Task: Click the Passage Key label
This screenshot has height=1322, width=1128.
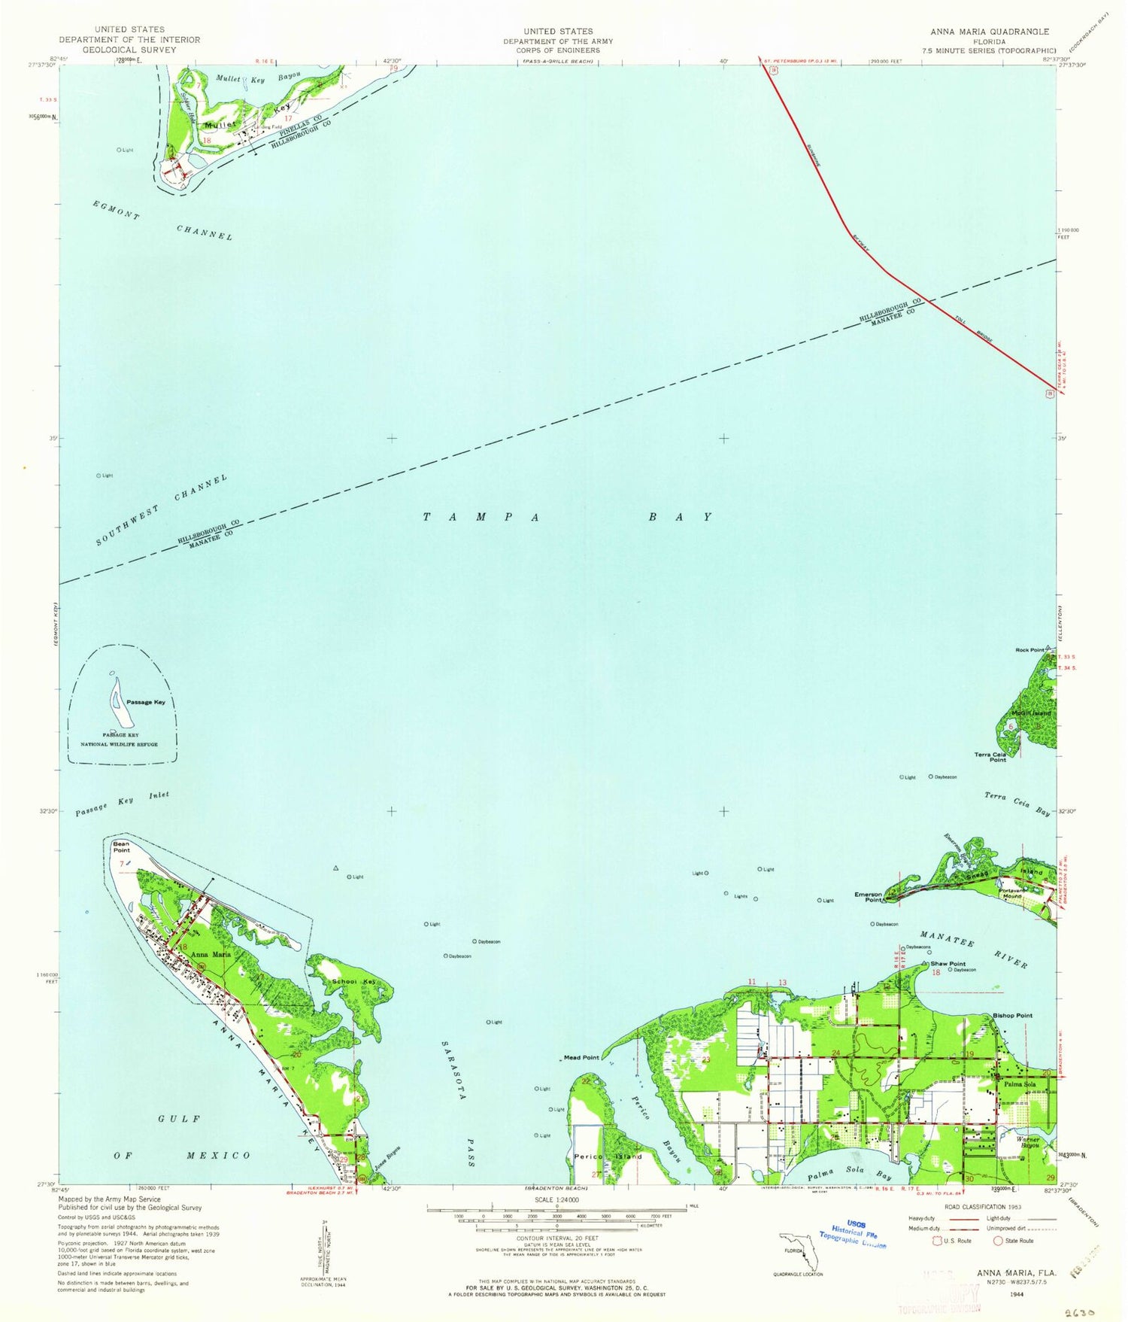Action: (145, 702)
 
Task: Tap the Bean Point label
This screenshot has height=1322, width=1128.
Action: (121, 847)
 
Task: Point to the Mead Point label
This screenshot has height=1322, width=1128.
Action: (582, 1057)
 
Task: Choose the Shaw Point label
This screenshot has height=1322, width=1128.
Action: (948, 963)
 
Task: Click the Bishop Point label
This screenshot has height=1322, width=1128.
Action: (1013, 1015)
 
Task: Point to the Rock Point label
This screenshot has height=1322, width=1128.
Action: (1029, 649)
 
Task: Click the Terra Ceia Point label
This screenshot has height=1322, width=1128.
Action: (990, 757)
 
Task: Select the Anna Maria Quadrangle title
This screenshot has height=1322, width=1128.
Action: (989, 32)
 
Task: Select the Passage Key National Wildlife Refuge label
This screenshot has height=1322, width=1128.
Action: (120, 740)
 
